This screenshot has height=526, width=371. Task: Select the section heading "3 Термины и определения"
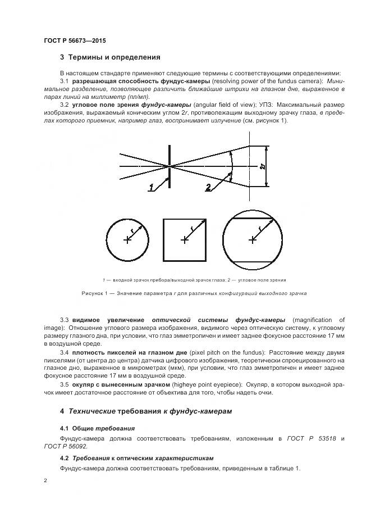click(x=110, y=57)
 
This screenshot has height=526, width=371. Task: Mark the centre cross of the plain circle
click(x=128, y=240)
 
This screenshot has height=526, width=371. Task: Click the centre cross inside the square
click(x=185, y=240)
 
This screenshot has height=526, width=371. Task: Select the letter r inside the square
click(x=192, y=228)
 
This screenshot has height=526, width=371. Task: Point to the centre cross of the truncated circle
click(x=253, y=240)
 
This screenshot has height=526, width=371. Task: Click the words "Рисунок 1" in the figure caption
click(x=95, y=293)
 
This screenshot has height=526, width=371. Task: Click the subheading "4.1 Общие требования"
click(x=97, y=428)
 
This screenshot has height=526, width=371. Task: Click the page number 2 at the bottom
click(x=45, y=480)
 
